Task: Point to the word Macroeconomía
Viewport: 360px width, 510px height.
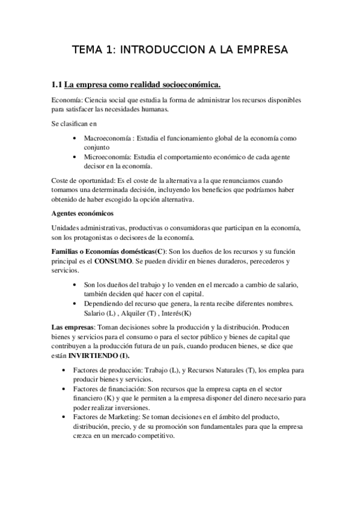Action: pos(110,138)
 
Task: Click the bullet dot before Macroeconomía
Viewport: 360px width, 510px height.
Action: pos(73,138)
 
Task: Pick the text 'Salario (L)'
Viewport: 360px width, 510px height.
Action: pos(101,313)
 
